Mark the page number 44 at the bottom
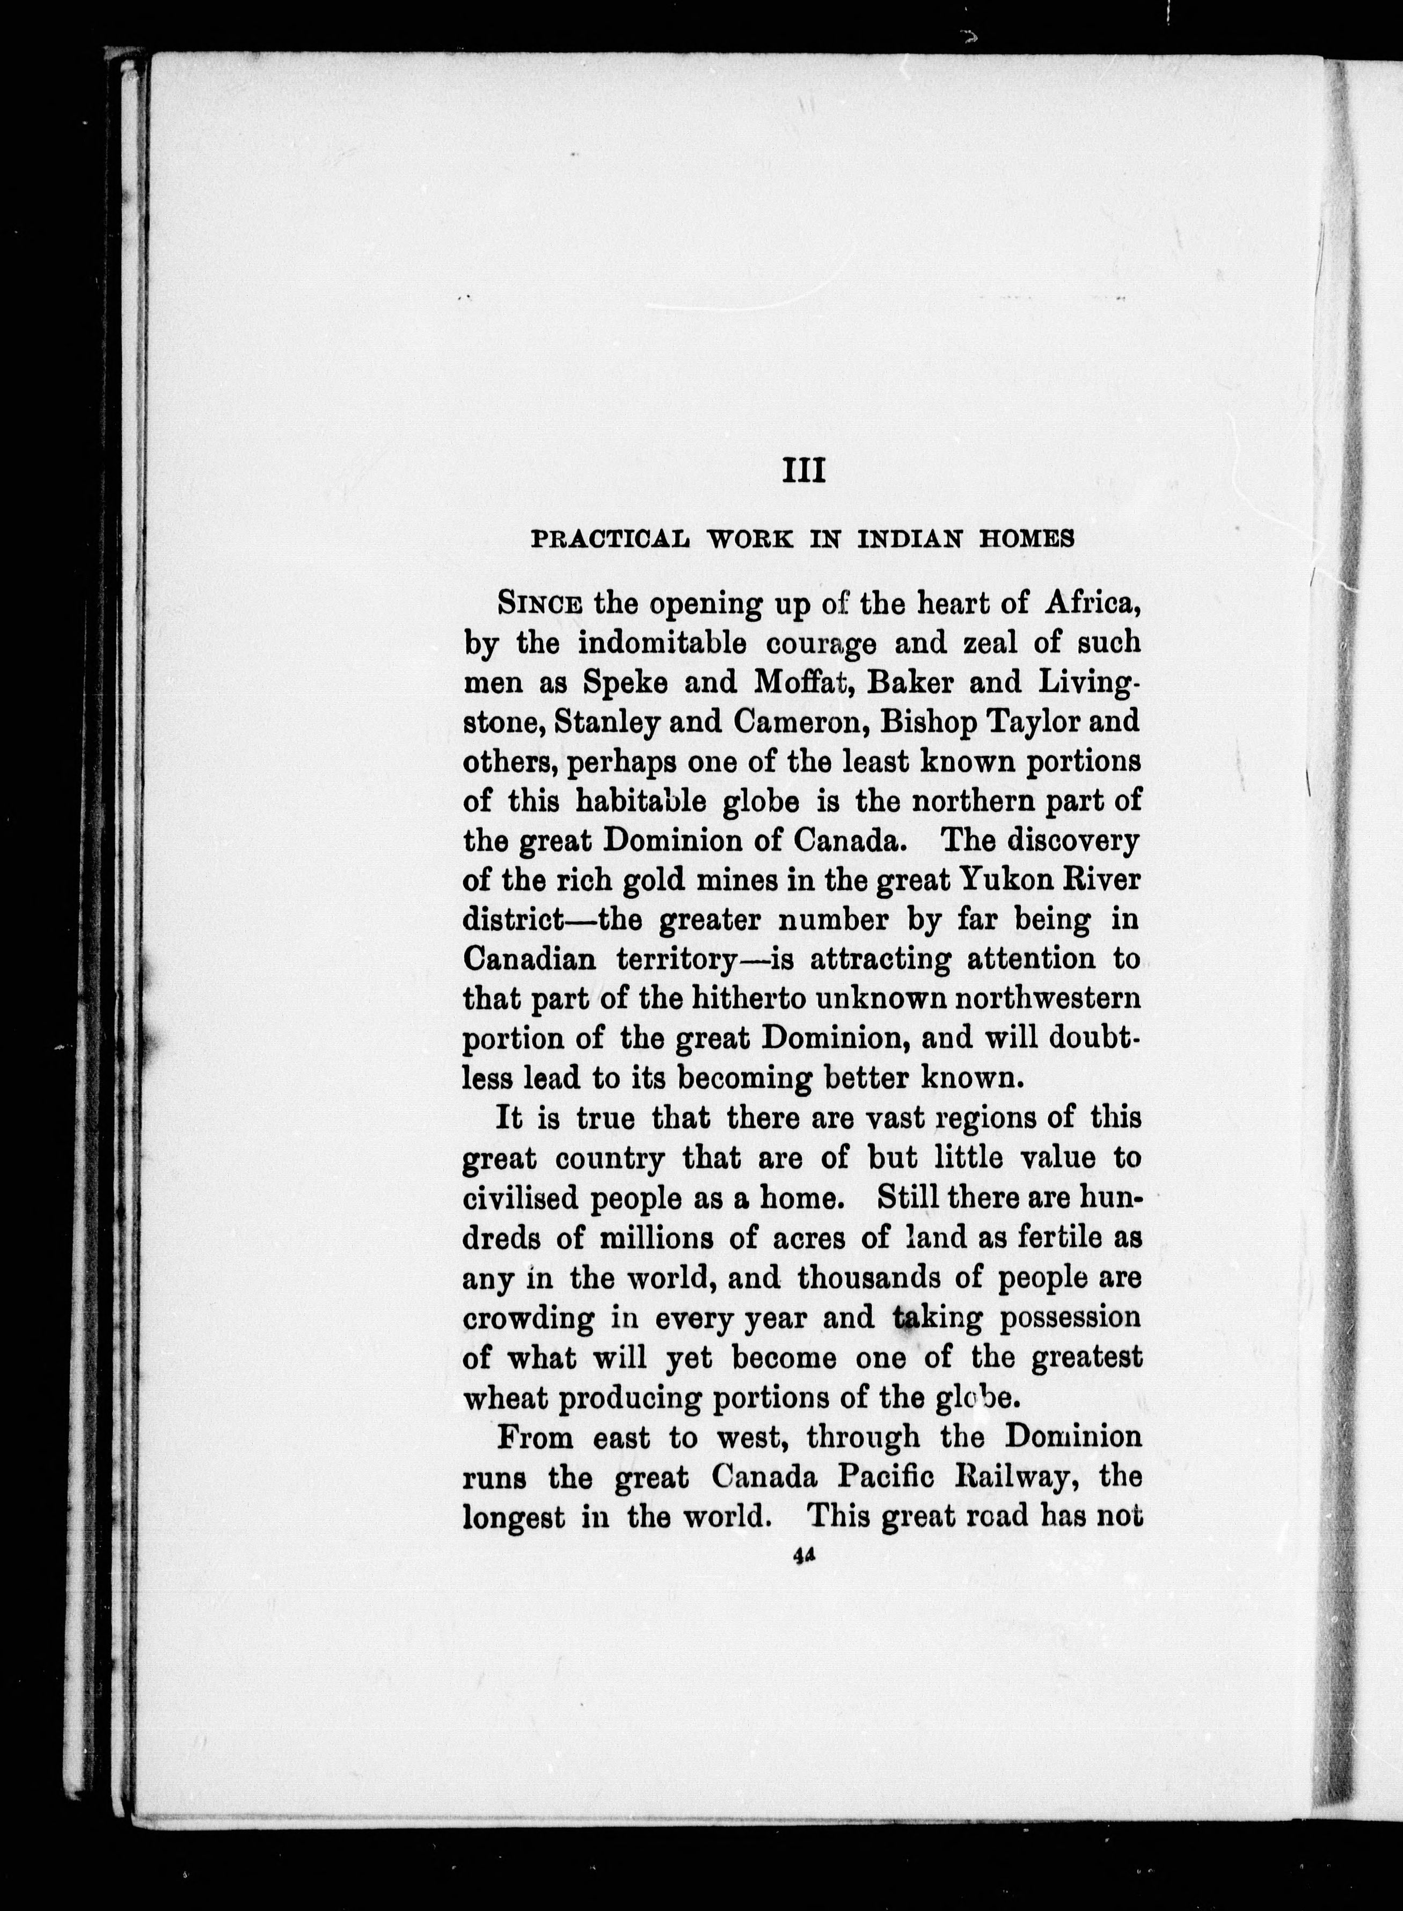802,1553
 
